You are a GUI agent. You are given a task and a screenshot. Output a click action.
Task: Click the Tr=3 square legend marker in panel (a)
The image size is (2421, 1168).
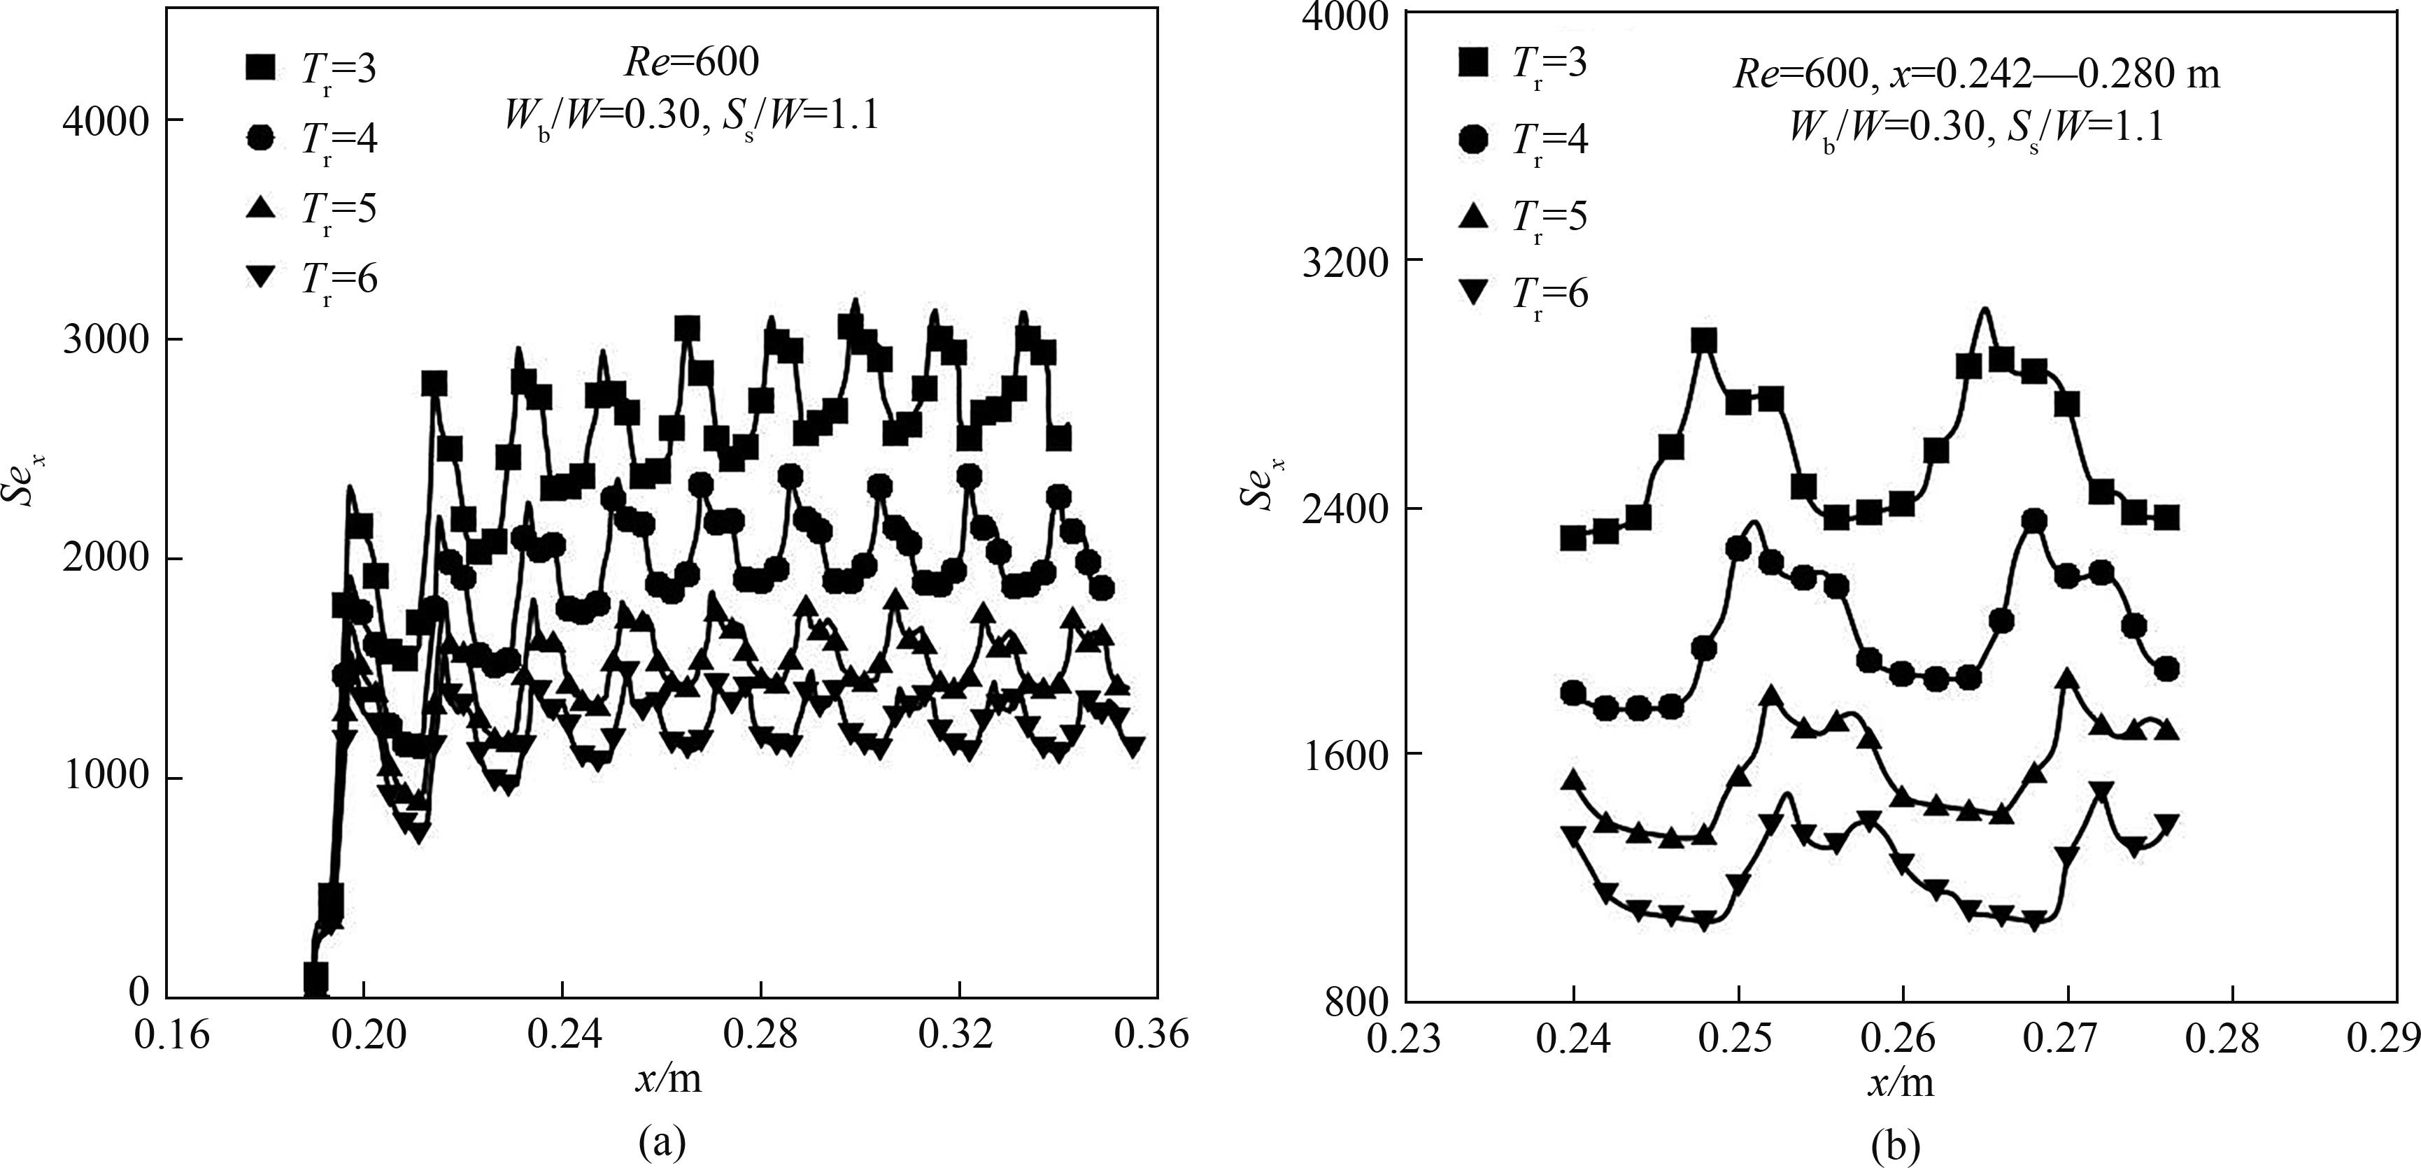coord(260,68)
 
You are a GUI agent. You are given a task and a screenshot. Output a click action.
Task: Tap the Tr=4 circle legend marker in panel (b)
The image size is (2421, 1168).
coord(1472,140)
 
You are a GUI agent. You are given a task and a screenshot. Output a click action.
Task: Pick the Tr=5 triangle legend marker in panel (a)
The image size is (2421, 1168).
coord(260,208)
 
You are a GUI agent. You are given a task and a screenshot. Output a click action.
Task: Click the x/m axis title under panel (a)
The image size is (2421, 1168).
coord(668,1080)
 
